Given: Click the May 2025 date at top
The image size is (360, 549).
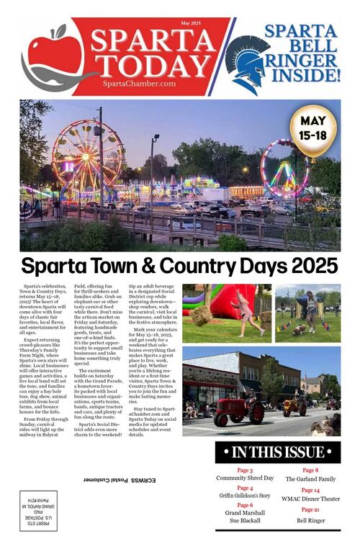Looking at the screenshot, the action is (191, 24).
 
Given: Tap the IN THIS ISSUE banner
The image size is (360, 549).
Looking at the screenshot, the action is (278, 452).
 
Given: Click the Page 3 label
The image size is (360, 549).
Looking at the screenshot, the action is (245, 470).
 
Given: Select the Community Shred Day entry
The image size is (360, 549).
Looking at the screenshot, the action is (245, 478).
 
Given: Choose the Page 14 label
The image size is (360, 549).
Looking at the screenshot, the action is (311, 490).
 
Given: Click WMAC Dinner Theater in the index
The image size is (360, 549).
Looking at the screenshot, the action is (311, 499).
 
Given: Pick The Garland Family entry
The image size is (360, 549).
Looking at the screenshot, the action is (311, 478).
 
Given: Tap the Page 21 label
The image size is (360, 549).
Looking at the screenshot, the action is (311, 510).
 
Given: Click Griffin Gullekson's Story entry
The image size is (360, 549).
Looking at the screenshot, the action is (245, 496).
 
